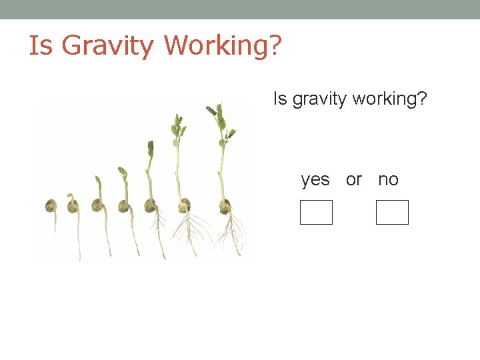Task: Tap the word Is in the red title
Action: [x=40, y=46]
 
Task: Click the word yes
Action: [x=315, y=179]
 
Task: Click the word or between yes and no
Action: [x=354, y=179]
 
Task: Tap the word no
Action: [x=388, y=179]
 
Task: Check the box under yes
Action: [x=316, y=212]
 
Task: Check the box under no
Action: [x=392, y=212]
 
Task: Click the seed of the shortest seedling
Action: [x=51, y=205]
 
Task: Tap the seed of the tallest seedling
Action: [x=225, y=206]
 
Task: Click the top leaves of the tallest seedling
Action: [x=219, y=117]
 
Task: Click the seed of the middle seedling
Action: [x=123, y=205]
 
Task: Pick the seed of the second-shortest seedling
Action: [x=73, y=205]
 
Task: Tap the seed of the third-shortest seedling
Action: [x=98, y=205]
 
